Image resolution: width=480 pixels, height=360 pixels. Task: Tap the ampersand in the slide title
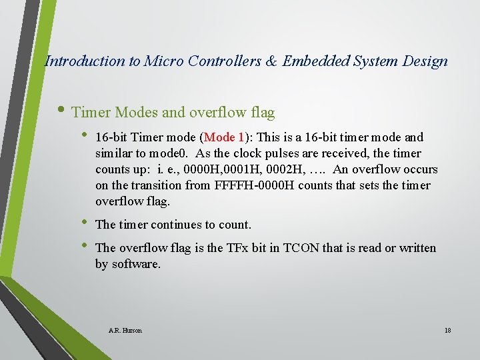click(273, 61)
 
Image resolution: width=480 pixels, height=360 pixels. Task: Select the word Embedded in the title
click(313, 61)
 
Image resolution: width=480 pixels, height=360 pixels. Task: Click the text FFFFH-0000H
click(255, 185)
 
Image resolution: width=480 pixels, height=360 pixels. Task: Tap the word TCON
click(301, 248)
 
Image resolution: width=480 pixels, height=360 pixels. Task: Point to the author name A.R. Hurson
click(125, 330)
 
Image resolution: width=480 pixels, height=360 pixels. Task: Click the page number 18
click(447, 330)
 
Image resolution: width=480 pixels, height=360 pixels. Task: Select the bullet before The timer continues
click(85, 224)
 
